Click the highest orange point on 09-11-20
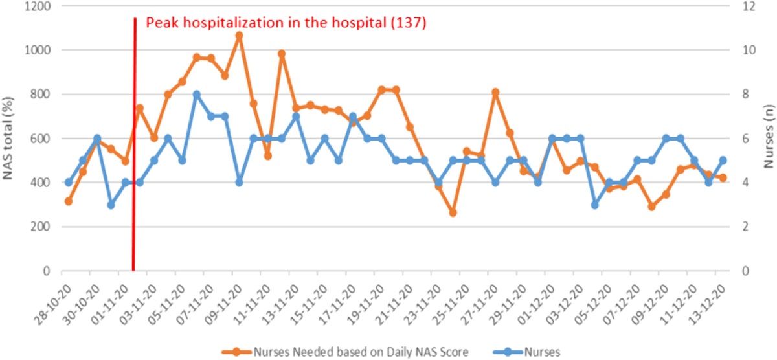pos(239,36)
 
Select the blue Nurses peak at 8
pos(196,95)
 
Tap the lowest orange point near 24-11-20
pos(453,212)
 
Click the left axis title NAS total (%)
pos(9,138)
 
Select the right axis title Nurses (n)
pos(768,138)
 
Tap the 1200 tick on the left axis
pos(41,6)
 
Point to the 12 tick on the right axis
pos(747,6)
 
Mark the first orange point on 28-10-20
pos(68,201)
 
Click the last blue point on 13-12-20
pos(723,161)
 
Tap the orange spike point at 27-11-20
pos(495,93)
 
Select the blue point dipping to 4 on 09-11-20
pos(239,183)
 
